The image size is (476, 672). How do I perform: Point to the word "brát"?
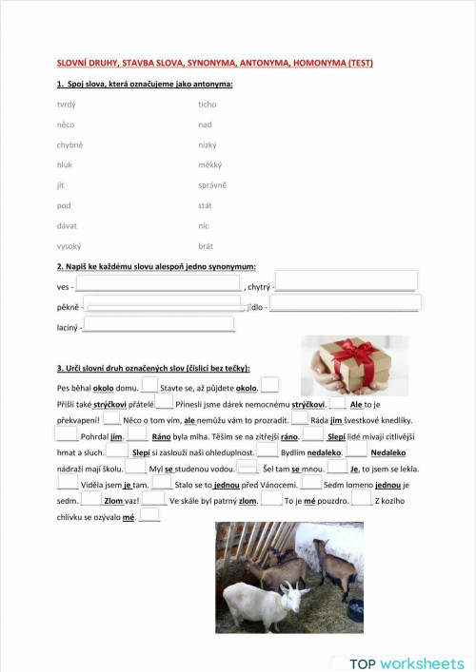[206, 246]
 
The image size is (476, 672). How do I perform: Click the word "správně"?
[212, 184]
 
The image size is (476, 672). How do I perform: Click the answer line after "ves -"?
[158, 284]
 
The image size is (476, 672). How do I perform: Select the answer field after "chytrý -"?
[347, 282]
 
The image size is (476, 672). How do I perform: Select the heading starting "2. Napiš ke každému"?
[163, 267]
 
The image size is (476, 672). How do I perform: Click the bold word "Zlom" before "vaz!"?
[113, 500]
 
